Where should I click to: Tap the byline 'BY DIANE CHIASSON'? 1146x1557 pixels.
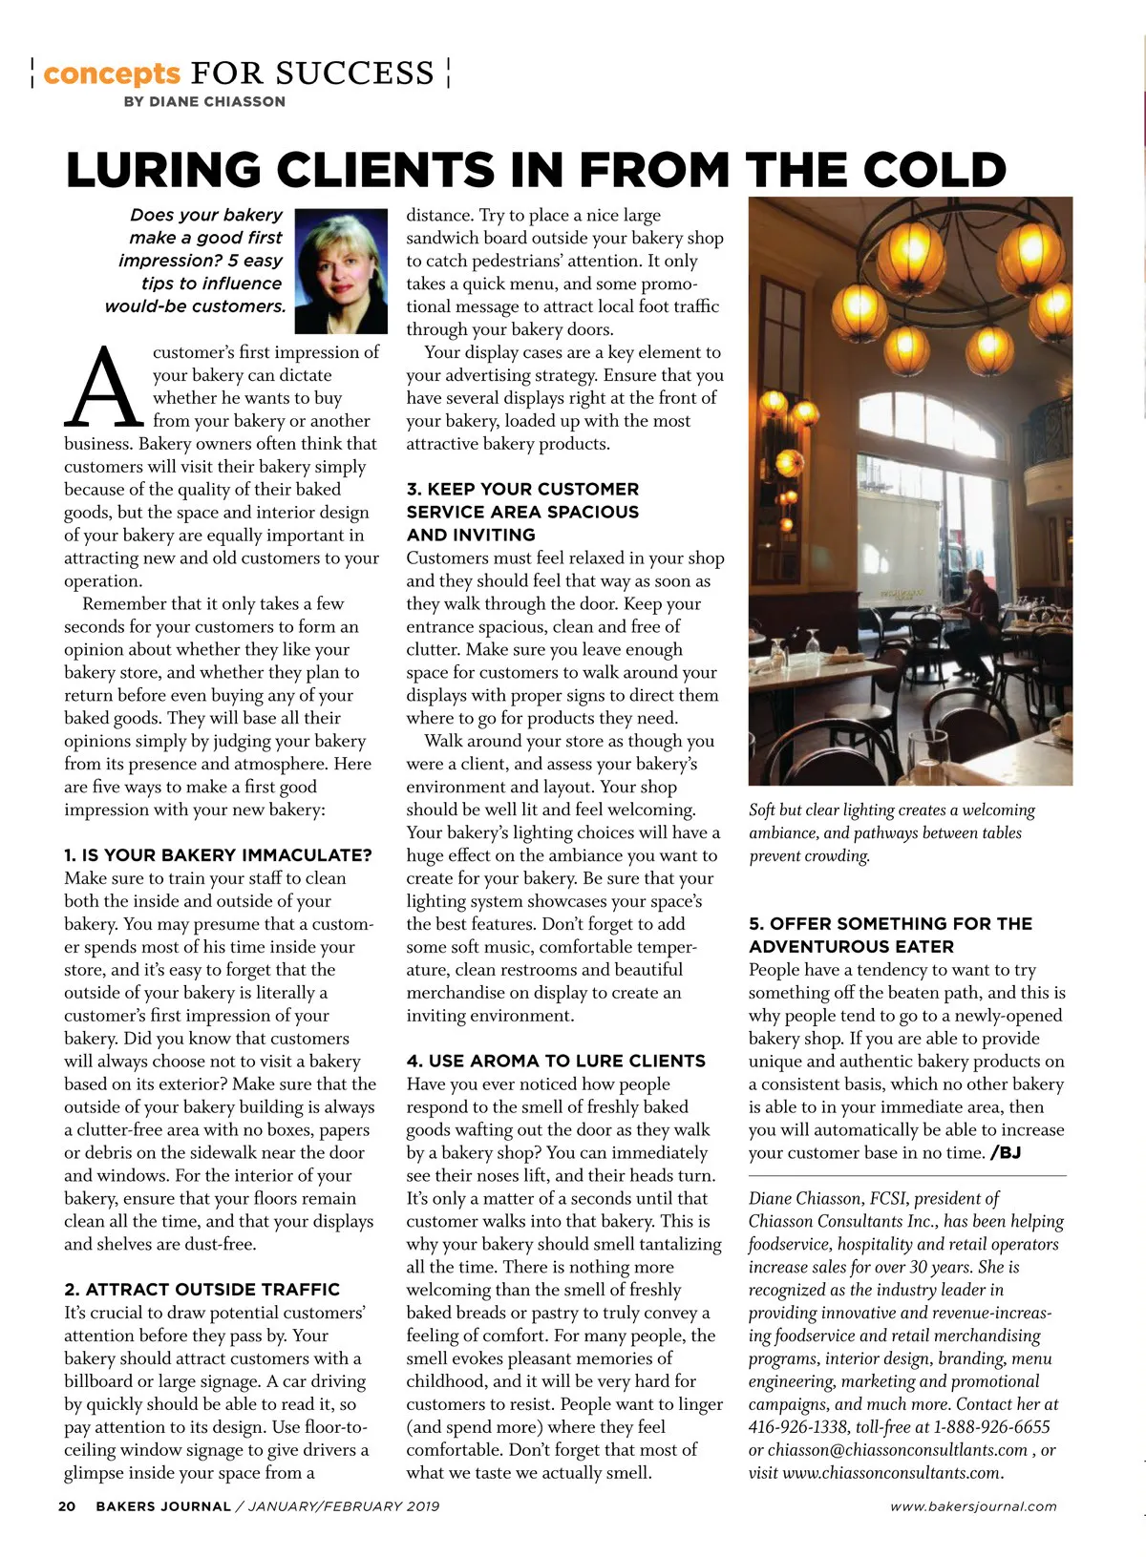204,101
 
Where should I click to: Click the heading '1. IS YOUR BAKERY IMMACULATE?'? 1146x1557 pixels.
218,855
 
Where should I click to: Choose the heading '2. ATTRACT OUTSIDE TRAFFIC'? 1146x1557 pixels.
202,1290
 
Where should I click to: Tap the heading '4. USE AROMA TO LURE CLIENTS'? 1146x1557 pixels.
556,1061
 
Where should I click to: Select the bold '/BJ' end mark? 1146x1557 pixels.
1006,1152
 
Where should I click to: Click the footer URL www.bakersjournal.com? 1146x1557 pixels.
973,1506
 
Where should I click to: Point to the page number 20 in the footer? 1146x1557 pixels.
67,1506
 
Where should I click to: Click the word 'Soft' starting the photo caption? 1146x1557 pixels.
762,810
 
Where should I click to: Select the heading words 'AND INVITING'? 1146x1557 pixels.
471,535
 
